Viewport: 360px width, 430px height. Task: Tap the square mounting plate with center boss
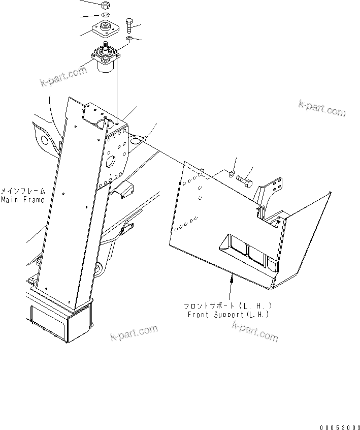(105, 28)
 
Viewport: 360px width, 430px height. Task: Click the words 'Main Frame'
(22, 200)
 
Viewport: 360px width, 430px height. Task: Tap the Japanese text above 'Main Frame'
(22, 192)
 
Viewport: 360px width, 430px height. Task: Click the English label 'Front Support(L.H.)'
(228, 315)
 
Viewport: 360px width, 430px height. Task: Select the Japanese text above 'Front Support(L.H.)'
(228, 306)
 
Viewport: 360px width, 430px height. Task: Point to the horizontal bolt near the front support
(246, 180)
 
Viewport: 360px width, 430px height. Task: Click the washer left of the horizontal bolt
(231, 174)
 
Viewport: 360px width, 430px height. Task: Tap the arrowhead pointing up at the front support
(232, 276)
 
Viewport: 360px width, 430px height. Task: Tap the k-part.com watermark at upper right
(322, 107)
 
